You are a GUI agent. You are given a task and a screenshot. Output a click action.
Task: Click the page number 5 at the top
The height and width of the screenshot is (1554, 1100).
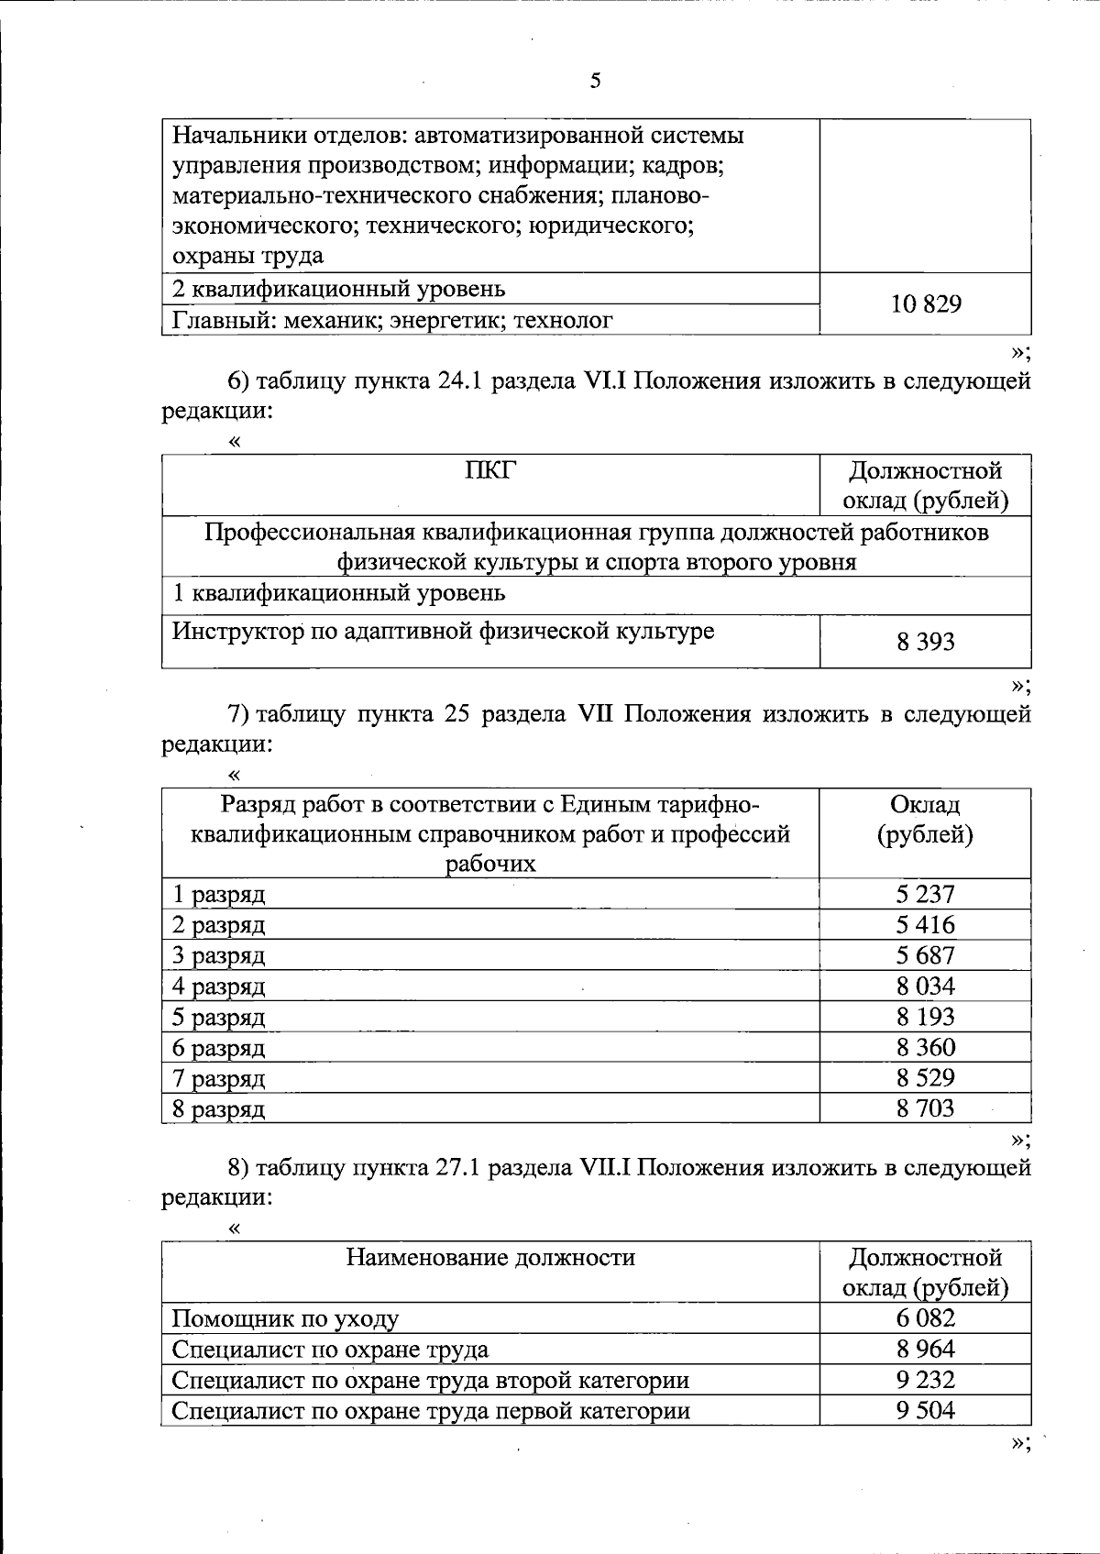click(596, 81)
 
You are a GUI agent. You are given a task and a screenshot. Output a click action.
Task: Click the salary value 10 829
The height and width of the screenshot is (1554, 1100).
click(926, 304)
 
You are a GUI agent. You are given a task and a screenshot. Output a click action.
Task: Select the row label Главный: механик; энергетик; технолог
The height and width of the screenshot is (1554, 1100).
click(393, 320)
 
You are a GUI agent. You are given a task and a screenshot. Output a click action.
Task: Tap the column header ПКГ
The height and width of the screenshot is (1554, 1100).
click(490, 470)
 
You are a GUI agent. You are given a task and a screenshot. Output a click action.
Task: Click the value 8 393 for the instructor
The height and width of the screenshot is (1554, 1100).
click(926, 642)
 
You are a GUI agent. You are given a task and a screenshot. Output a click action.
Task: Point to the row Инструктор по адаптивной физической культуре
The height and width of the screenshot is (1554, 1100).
click(444, 631)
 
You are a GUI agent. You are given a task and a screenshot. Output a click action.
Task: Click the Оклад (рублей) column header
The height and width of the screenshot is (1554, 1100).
click(926, 820)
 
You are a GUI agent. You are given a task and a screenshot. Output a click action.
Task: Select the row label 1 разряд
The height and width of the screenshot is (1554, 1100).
click(219, 894)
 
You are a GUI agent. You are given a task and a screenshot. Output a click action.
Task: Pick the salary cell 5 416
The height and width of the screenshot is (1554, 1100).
click(926, 924)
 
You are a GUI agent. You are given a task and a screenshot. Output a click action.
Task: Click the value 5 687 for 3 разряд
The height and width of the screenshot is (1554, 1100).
click(926, 955)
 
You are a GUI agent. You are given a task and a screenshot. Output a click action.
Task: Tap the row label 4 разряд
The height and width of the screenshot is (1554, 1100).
click(219, 986)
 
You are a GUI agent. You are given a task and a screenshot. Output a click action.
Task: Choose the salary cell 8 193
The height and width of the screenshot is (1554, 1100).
click(926, 1017)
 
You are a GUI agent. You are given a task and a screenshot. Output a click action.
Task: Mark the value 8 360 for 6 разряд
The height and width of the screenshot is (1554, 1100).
click(926, 1047)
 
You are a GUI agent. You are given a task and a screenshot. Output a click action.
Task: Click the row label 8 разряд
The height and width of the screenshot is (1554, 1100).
click(219, 1109)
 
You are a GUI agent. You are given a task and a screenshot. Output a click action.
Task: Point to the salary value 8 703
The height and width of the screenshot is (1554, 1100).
click(926, 1108)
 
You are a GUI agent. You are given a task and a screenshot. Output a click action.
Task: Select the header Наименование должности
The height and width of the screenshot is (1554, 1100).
click(490, 1257)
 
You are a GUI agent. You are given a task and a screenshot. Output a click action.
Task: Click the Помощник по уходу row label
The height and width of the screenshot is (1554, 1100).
click(286, 1319)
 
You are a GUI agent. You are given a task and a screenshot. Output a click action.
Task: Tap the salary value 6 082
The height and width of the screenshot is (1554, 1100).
click(926, 1318)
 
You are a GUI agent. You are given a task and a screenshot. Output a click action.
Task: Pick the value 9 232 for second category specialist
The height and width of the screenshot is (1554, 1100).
click(926, 1380)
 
